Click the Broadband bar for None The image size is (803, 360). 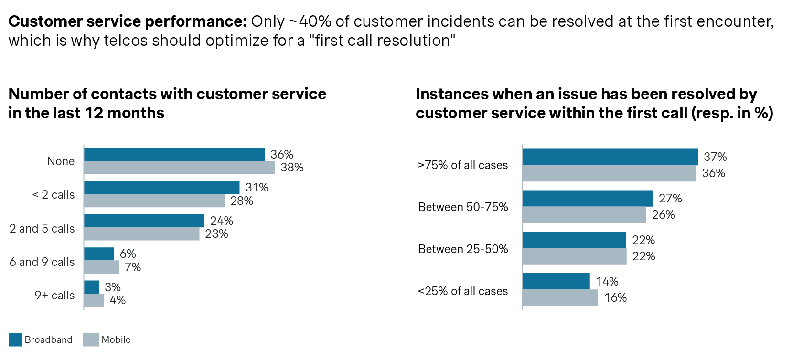pos(174,154)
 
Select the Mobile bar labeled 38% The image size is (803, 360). pos(179,168)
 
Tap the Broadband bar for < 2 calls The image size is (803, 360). pos(161,188)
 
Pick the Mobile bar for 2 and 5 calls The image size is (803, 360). pos(141,234)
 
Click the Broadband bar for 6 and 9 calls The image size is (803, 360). pos(99,254)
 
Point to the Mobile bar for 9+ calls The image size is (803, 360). pos(94,300)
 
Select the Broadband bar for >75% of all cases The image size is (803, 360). pos(610,157)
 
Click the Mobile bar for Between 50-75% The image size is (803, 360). pos(584,215)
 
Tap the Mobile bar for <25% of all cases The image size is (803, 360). pos(560,298)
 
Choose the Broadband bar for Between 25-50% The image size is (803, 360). pos(574,240)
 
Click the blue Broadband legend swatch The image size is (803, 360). pos(15,339)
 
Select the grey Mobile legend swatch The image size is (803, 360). pos(90,339)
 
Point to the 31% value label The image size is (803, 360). pos(257,188)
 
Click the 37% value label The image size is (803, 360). pos(715,157)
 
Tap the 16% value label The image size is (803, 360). pos(615,298)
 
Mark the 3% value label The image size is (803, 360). pos(113,287)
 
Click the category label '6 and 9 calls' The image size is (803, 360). pos(42,262)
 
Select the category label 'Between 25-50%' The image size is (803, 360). pos(463,249)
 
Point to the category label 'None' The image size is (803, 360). pos(61,161)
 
